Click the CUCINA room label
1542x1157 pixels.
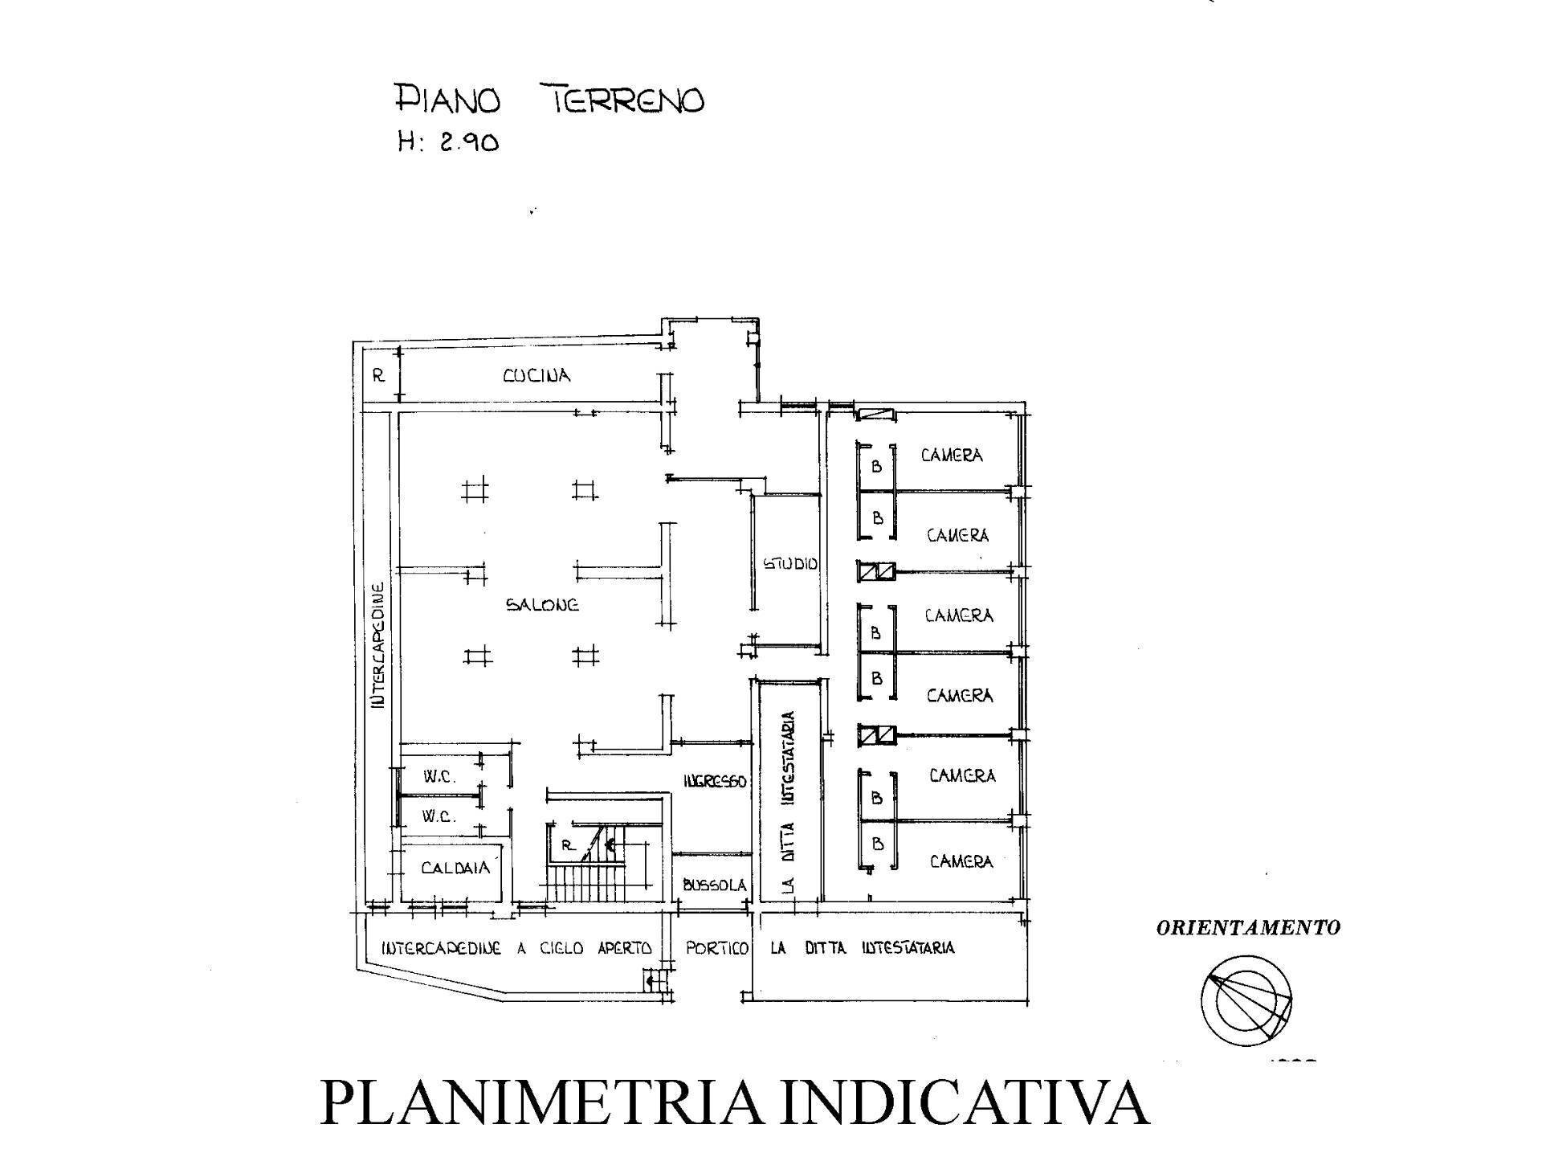coord(536,375)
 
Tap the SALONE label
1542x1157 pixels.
coord(542,605)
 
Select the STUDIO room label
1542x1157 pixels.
coord(789,564)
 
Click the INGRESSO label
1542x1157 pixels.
coord(715,781)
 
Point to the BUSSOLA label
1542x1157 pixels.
coord(715,885)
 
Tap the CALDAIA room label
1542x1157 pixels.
coord(455,868)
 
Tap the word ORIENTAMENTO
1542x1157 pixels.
coord(1248,928)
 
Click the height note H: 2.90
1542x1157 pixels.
coord(448,143)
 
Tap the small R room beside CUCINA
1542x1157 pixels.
coord(379,375)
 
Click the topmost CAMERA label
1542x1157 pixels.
coord(952,456)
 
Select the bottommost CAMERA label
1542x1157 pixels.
coord(961,861)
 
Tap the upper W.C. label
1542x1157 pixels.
coord(440,777)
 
